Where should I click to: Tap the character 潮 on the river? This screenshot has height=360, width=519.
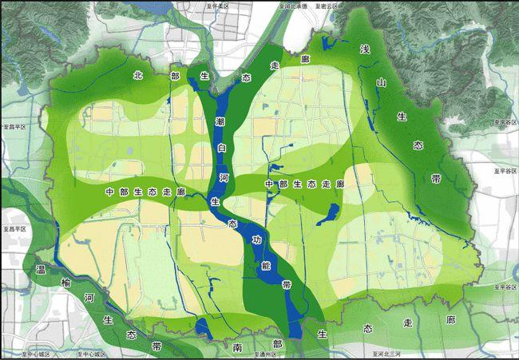[220, 121]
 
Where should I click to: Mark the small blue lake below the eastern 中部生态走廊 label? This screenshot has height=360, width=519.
[332, 212]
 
